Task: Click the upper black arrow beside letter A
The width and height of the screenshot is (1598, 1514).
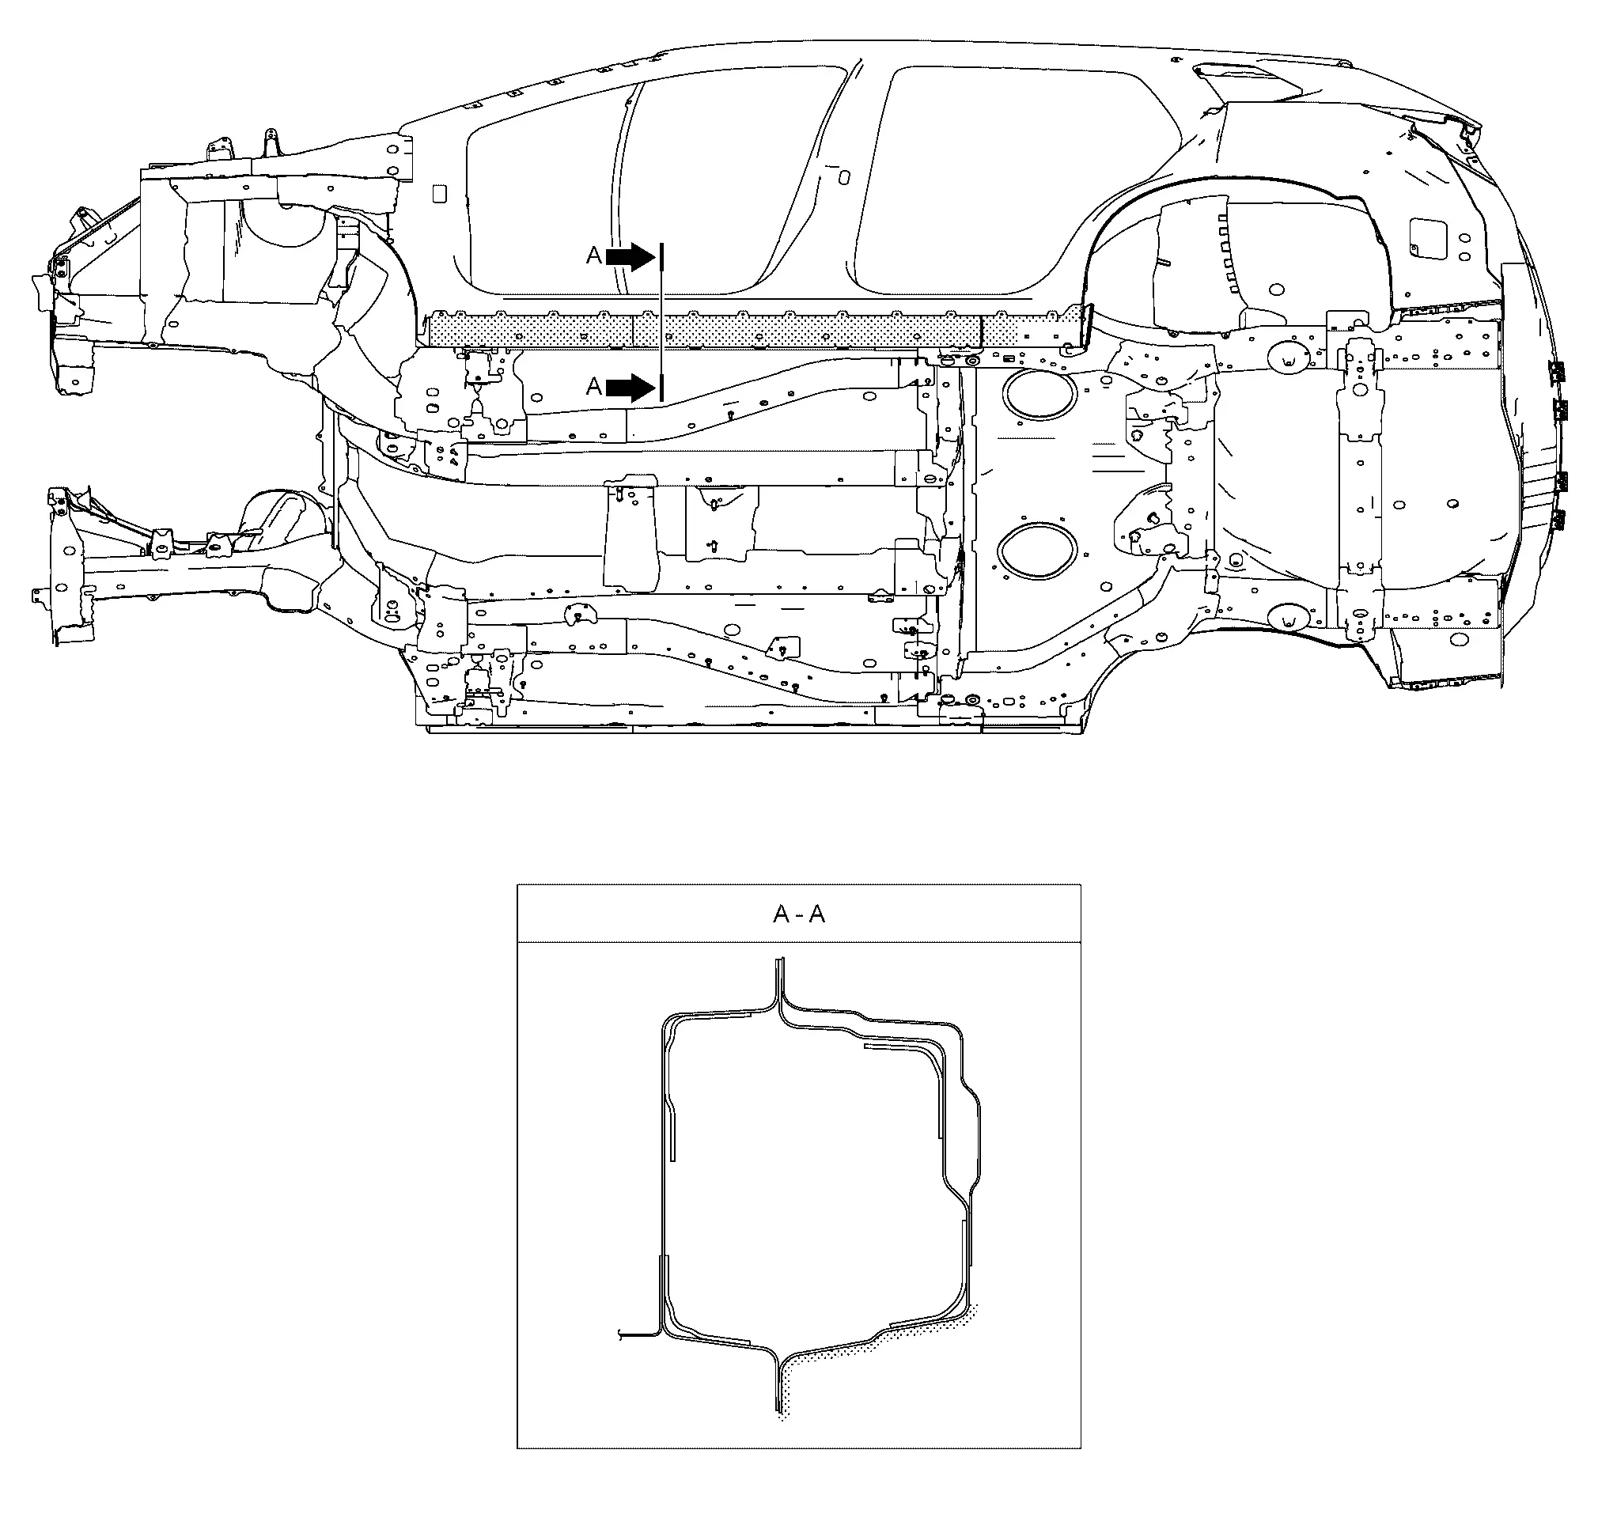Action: pyautogui.click(x=630, y=256)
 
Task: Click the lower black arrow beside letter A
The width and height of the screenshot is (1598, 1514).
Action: pyautogui.click(x=630, y=388)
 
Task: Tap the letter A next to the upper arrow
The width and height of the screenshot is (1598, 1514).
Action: pyautogui.click(x=594, y=255)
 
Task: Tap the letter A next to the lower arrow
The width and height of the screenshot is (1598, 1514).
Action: pyautogui.click(x=594, y=388)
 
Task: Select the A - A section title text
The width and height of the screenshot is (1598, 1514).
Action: pyautogui.click(x=799, y=914)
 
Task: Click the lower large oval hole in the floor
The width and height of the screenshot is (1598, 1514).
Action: pyautogui.click(x=1037, y=551)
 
